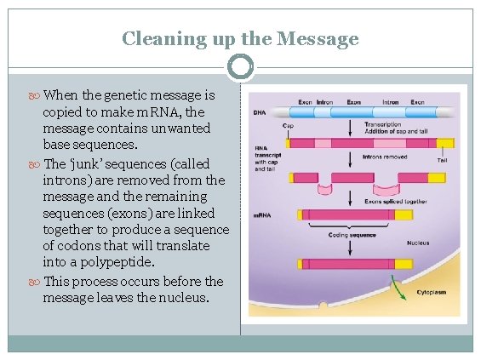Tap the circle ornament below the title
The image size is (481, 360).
(241, 66)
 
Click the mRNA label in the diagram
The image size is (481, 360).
(262, 215)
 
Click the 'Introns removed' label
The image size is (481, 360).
(385, 157)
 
